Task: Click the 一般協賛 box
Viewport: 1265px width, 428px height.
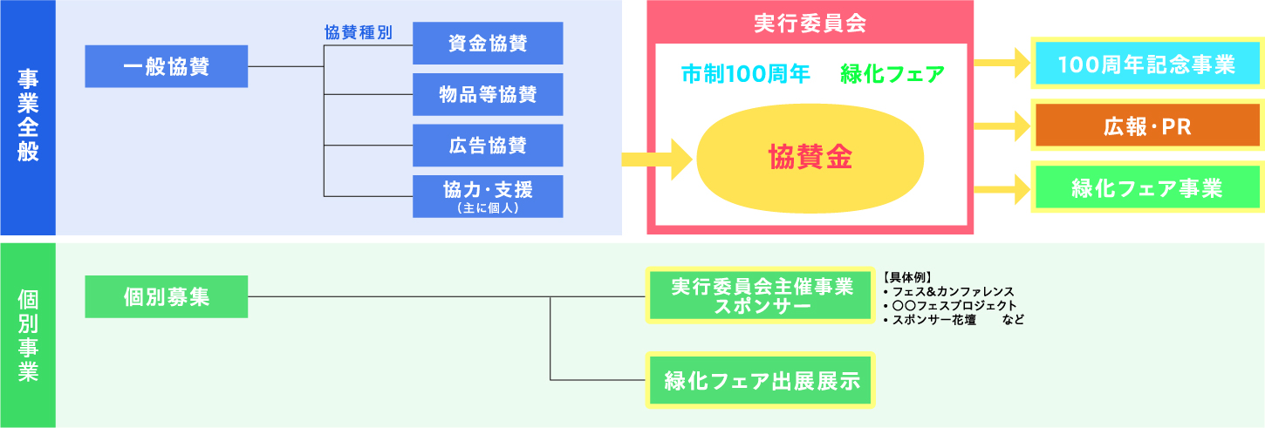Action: click(x=167, y=66)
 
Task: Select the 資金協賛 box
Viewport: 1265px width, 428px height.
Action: click(x=488, y=43)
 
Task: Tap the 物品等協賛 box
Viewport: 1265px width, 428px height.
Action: click(x=488, y=94)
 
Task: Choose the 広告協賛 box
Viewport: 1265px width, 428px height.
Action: click(x=488, y=145)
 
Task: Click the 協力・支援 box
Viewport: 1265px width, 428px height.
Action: click(x=488, y=195)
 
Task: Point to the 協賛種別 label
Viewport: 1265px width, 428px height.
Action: click(x=358, y=32)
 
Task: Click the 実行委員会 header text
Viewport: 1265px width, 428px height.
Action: click(x=809, y=23)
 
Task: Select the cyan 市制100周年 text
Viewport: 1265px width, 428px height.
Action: click(x=746, y=74)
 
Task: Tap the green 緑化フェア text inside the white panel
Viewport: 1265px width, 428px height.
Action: click(x=892, y=74)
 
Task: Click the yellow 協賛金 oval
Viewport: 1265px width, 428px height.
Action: click(x=810, y=157)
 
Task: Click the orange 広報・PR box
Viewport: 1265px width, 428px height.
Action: click(x=1146, y=126)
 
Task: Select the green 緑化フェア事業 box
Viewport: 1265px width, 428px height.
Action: click(x=1146, y=187)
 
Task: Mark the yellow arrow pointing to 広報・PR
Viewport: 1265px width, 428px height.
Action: click(x=1001, y=126)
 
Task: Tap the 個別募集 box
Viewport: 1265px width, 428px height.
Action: click(x=167, y=296)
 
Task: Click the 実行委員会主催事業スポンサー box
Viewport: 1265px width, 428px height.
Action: click(x=761, y=296)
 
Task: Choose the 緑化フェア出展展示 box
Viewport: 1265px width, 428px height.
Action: click(x=761, y=380)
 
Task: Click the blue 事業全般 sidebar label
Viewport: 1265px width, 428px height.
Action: click(x=27, y=117)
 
